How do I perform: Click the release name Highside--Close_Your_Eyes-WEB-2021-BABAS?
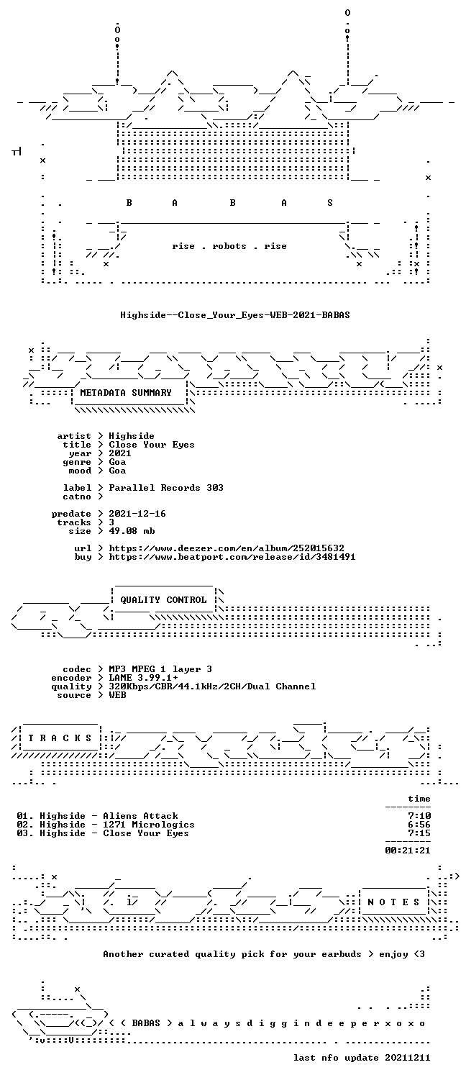tap(235, 315)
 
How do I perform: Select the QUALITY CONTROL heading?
tap(163, 600)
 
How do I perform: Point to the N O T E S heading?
tap(393, 902)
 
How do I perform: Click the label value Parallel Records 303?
tap(166, 488)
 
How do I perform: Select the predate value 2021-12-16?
tap(137, 513)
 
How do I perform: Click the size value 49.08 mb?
tap(132, 531)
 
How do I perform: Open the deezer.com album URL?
tap(227, 548)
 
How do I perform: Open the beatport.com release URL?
tap(232, 557)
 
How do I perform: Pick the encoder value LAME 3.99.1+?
tap(143, 678)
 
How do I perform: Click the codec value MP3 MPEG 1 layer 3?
tap(160, 668)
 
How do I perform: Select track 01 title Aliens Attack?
tap(140, 816)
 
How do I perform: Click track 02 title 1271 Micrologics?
tap(149, 825)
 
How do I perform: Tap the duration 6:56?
tap(419, 825)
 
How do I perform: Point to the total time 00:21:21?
tap(408, 851)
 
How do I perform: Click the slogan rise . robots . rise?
tap(229, 246)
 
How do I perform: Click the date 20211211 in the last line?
tap(408, 1058)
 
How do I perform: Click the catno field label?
tap(77, 497)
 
